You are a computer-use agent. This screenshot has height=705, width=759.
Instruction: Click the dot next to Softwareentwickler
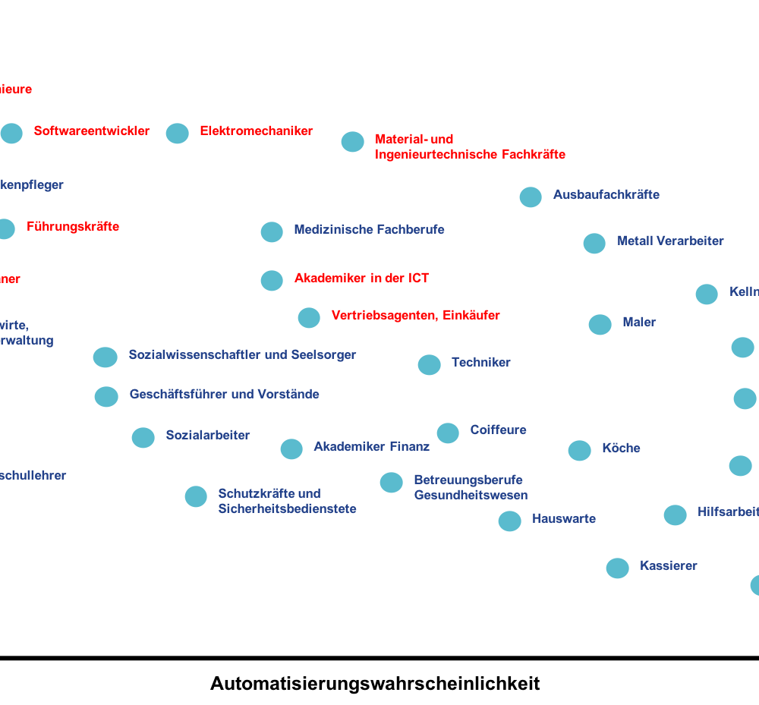(x=11, y=134)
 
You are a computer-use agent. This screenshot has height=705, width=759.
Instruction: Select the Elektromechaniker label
(x=256, y=131)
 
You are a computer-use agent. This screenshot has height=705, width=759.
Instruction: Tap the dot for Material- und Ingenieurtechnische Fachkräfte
(x=352, y=142)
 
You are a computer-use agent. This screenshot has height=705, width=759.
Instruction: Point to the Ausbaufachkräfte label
(x=606, y=195)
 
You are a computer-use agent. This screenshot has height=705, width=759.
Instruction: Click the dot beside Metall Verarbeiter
(x=594, y=244)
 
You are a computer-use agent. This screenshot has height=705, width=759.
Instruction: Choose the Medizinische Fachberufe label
(x=369, y=229)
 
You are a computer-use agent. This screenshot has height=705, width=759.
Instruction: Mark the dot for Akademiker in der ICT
(x=272, y=281)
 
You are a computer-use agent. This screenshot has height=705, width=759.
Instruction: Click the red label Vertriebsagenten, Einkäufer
(x=415, y=316)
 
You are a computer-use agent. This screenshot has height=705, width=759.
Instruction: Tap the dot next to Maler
(x=600, y=325)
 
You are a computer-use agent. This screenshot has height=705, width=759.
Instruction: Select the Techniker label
(x=480, y=363)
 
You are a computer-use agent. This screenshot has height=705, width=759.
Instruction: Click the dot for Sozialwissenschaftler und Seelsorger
(x=105, y=357)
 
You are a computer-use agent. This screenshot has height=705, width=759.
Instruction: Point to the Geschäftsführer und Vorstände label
(x=224, y=395)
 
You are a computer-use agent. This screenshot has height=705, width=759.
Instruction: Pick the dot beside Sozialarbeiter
(x=143, y=438)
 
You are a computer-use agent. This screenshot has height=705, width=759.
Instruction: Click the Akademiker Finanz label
(x=371, y=447)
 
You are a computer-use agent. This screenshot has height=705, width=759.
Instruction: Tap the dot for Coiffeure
(x=448, y=433)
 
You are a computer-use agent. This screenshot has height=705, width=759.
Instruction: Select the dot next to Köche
(x=579, y=451)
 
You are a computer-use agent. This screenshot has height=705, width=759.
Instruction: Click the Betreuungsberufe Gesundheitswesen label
(x=470, y=488)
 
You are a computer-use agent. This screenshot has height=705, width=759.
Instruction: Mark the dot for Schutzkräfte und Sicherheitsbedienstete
(x=196, y=496)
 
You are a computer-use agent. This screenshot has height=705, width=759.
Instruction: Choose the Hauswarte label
(x=563, y=519)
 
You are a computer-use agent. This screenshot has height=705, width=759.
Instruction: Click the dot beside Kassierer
(x=617, y=568)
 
